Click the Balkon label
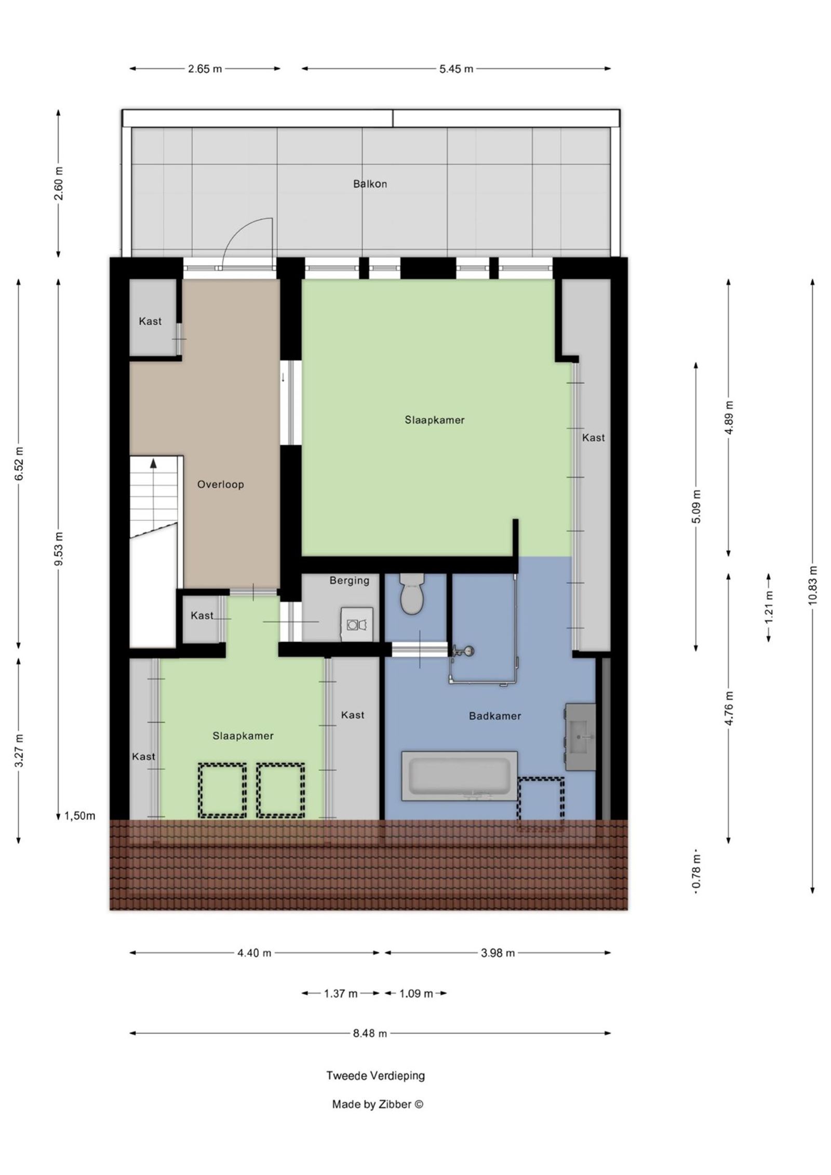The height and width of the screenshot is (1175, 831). pos(370,184)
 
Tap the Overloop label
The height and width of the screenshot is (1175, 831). pos(220,485)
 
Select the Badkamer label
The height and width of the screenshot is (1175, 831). pos(494,716)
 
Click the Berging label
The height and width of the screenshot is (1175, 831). pos(349,580)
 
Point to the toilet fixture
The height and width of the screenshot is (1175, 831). pos(412,594)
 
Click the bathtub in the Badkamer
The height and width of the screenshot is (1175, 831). pos(460,776)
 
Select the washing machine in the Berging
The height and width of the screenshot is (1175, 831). pos(357,624)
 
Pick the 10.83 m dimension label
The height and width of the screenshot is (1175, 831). pos(813,584)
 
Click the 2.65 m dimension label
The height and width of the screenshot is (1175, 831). pos(205,69)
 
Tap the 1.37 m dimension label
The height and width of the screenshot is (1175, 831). pos(341,994)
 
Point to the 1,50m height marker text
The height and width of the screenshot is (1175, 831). pos(80,816)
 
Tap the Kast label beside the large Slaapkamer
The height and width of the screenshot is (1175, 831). pos(593,438)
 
